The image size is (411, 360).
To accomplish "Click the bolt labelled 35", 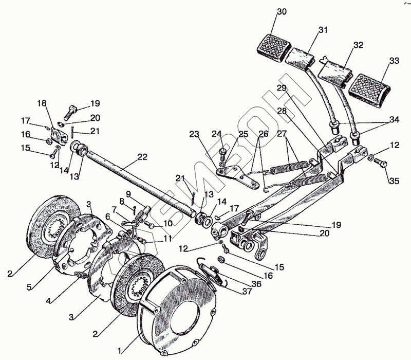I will [x=381, y=163].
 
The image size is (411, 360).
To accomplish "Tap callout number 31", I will [x=323, y=31].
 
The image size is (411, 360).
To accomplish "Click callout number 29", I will [x=282, y=88].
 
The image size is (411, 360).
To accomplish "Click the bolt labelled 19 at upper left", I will [x=70, y=111].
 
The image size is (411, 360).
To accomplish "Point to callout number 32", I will [x=358, y=45].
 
